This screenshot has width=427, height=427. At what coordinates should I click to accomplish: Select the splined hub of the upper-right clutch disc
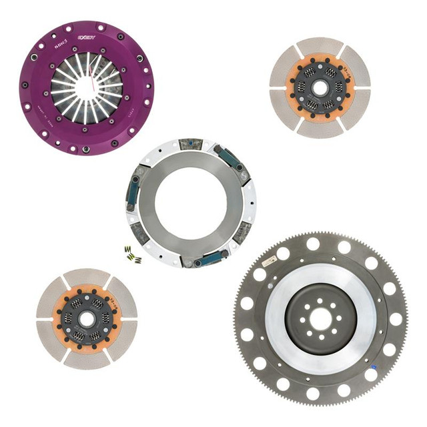(320, 87)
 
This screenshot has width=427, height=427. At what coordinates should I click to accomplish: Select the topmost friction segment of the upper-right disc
(320, 46)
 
